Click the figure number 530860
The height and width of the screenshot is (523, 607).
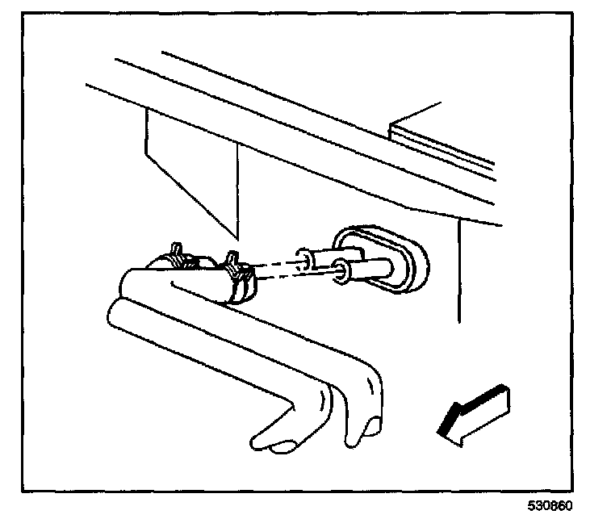click(x=551, y=508)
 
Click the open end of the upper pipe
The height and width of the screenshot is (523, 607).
click(x=305, y=260)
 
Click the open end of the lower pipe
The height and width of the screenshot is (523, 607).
click(x=344, y=273)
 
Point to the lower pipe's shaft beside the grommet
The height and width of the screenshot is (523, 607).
click(x=371, y=266)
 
